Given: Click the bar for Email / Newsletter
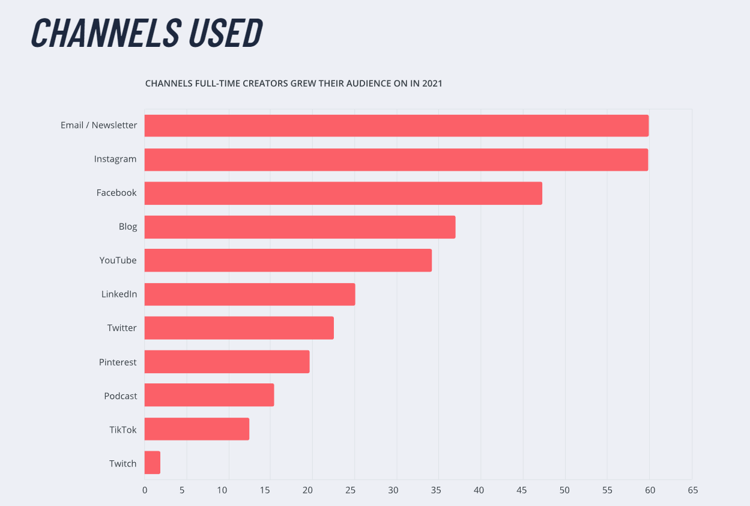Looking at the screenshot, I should click(x=396, y=126).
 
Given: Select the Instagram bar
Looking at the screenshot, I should click(x=396, y=159).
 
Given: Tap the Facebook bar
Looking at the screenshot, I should click(x=343, y=193).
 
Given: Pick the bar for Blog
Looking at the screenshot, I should click(x=300, y=227).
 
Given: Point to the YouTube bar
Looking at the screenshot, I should click(x=288, y=260).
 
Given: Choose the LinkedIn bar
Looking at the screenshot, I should click(x=250, y=294).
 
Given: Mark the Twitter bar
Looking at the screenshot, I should click(x=239, y=328).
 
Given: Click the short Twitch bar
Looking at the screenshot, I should click(x=153, y=463).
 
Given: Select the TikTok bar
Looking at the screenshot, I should click(x=197, y=429).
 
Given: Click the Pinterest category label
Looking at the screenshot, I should click(x=118, y=362).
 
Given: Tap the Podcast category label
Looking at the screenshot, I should click(x=121, y=396).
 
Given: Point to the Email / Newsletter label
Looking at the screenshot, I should click(x=99, y=126).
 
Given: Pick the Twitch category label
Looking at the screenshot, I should click(x=123, y=463).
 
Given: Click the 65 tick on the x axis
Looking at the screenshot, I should click(x=692, y=490).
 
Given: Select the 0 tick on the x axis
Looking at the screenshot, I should click(x=145, y=490).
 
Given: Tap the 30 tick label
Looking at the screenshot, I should click(x=393, y=490).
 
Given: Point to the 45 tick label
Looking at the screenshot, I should click(x=522, y=490).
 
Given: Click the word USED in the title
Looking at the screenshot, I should click(x=226, y=33).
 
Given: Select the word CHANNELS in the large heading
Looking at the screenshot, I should click(x=105, y=33).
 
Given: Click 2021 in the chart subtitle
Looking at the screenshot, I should click(x=432, y=84).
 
